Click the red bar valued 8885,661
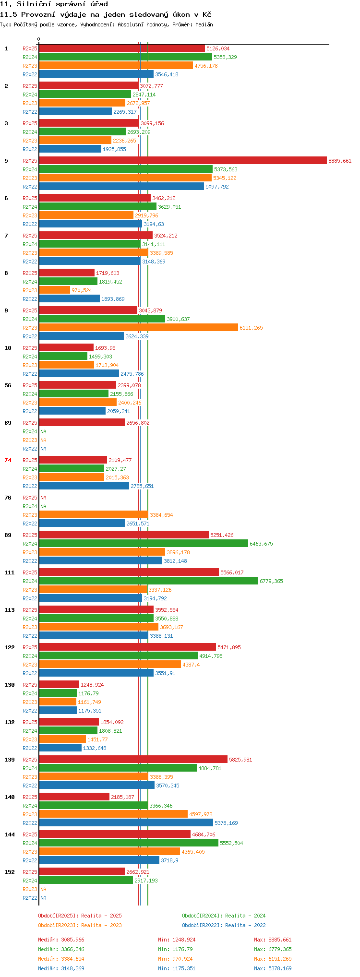coord(183,161)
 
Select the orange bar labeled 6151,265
coord(138,328)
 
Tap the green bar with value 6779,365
coord(148,581)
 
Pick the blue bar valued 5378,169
coord(126,823)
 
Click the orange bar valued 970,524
coord(54,290)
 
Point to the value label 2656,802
coord(138,423)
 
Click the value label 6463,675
coord(261,544)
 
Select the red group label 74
coord(8,460)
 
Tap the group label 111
coord(10,572)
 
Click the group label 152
coord(10,872)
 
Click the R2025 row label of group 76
coord(30,498)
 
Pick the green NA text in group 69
coord(44,431)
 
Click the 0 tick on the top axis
coord(39,39)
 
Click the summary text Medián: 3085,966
coord(61,940)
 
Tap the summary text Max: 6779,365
coord(273,949)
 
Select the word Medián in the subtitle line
coord(204,24)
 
